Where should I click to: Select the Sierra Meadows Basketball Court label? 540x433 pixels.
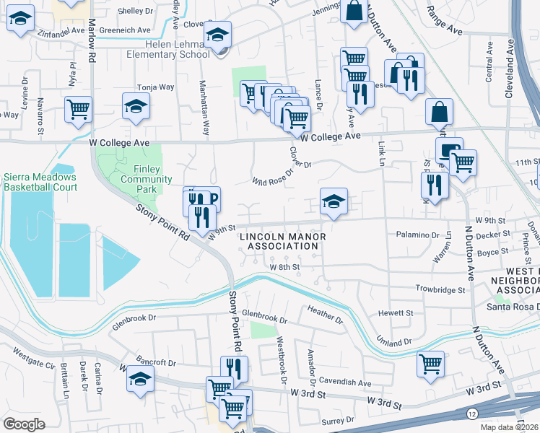pos(39,182)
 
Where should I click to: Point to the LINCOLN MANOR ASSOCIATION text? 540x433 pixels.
pos(282,241)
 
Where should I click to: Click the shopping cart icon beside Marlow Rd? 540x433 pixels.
pos(78,110)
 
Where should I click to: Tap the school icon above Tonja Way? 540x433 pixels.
pos(136,107)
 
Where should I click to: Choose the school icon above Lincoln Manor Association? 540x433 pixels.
pos(334,201)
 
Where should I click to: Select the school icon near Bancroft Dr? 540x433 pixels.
pos(140,379)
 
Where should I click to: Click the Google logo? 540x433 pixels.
pos(25,424)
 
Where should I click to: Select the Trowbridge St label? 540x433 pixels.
pos(440,289)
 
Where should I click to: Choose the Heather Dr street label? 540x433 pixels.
pos(325,315)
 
